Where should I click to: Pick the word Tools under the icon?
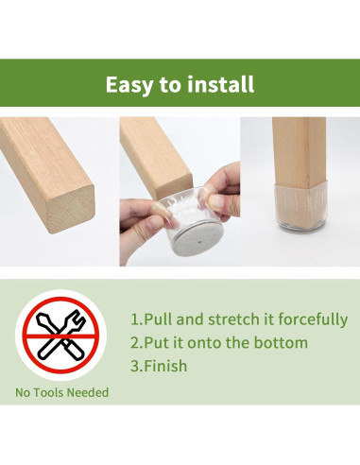[51, 392]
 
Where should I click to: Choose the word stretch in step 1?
[233, 319]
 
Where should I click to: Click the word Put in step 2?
[156, 343]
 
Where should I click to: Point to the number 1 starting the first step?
[133, 319]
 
